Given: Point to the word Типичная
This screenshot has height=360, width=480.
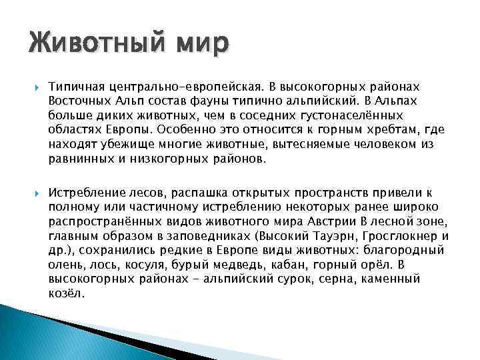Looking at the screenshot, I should pos(75,87).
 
